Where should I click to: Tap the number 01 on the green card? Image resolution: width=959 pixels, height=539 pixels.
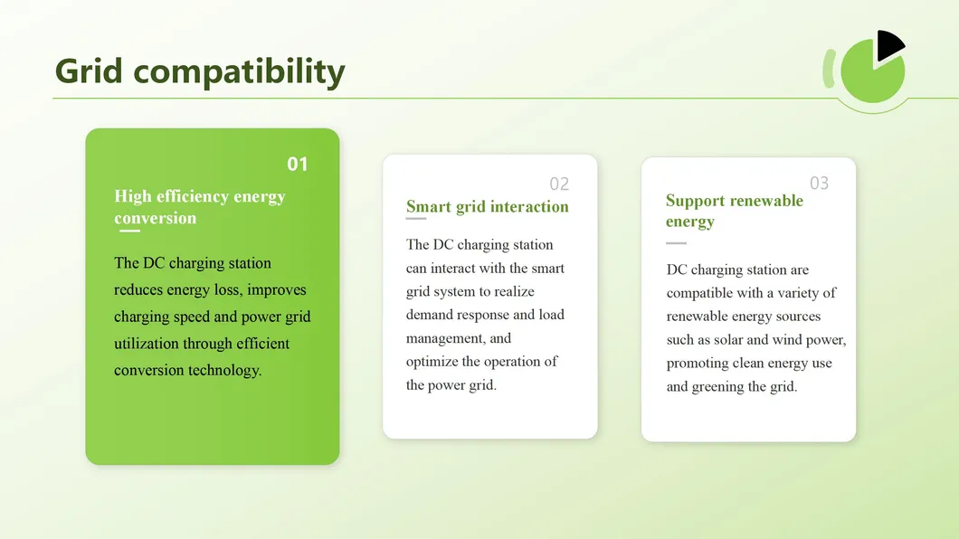(298, 164)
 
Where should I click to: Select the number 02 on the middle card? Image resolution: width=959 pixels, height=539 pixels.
(559, 184)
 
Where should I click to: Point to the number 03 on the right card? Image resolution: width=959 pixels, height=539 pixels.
(819, 184)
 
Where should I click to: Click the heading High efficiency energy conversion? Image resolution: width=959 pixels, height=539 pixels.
(199, 207)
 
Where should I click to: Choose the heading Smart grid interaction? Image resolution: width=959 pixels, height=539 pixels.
(487, 207)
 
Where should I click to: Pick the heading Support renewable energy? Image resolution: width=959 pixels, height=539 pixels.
(734, 211)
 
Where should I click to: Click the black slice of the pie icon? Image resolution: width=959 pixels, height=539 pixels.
(888, 46)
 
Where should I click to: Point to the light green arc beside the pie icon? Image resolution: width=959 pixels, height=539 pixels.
(828, 69)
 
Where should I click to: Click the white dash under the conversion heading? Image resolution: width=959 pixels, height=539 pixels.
(130, 232)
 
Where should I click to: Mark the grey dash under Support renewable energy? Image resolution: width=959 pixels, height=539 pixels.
(676, 243)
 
